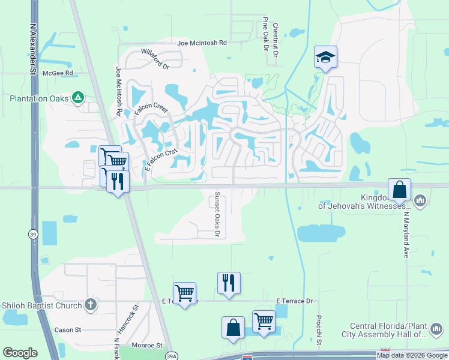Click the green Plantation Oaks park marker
pos(77,97)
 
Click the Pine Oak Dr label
pos(264,34)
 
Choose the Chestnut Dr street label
pos(275,40)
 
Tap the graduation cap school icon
pos(325,57)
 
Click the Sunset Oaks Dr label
pos(217,214)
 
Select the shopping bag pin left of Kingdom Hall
pos(399,190)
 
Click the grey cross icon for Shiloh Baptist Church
pos(90,305)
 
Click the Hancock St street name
pos(127,319)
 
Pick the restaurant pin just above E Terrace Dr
pos(229,283)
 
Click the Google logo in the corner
pos(20,353)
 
